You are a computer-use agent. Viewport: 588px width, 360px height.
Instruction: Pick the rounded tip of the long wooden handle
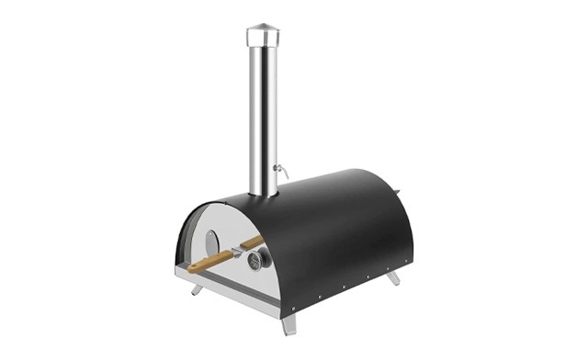click(x=189, y=269)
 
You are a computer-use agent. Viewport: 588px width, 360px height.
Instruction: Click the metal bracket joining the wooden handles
click(x=236, y=253)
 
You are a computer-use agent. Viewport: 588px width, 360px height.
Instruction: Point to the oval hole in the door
click(x=212, y=242)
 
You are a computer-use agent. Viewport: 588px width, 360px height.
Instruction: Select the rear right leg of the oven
click(x=393, y=277)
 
